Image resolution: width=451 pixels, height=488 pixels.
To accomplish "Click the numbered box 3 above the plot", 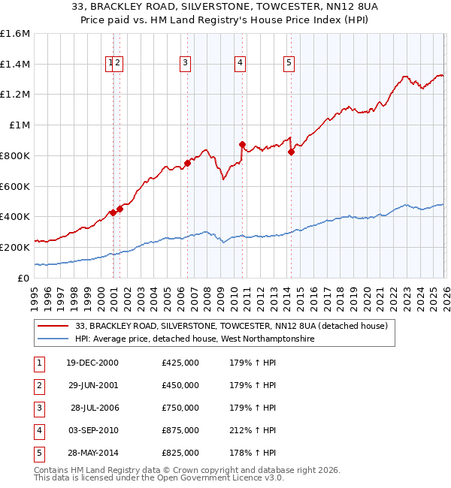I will [185, 64].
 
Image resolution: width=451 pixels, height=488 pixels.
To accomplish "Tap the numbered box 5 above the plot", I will [289, 64].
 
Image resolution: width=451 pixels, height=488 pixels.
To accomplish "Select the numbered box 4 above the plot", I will [240, 64].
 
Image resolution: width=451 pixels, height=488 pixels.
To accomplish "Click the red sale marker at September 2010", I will [242, 144].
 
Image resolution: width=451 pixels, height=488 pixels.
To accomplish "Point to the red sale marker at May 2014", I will [291, 152].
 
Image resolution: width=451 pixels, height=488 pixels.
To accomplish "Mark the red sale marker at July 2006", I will [187, 163].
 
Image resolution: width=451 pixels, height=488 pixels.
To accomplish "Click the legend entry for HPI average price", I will [195, 339].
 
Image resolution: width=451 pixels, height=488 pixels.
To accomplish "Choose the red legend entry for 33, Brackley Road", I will [231, 326].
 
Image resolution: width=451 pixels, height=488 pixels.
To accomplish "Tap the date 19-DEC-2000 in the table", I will [92, 363].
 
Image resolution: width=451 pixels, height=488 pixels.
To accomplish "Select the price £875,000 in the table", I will [180, 430].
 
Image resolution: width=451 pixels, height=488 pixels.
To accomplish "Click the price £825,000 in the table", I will [180, 453].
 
